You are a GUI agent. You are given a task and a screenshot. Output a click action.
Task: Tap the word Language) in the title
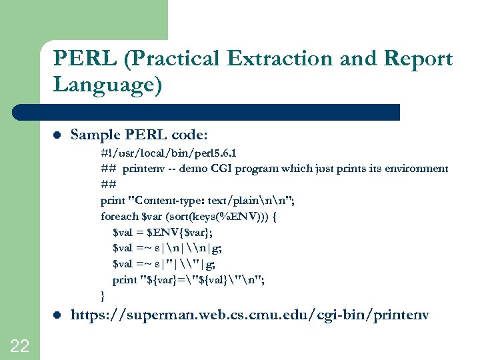click(107, 85)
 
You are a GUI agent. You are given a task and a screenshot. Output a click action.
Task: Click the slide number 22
click(20, 345)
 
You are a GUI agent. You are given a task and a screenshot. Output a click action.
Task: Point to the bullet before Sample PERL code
click(57, 136)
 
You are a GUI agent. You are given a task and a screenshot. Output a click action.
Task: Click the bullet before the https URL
click(57, 314)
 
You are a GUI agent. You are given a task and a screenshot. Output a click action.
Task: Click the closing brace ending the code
click(103, 295)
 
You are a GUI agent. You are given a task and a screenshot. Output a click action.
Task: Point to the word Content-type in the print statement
click(169, 201)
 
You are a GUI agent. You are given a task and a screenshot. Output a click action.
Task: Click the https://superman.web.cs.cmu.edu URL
click(250, 314)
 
